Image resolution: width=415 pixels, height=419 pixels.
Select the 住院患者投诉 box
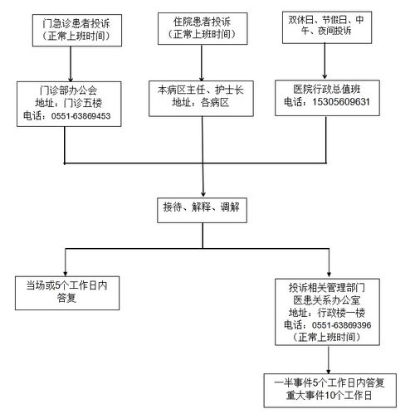[203, 28]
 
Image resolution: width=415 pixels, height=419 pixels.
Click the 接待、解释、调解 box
[202, 207]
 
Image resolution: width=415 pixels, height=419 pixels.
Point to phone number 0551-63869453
[81, 117]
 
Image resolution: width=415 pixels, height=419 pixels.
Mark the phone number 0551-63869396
[340, 325]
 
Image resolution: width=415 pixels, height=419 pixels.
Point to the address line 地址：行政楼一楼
[329, 313]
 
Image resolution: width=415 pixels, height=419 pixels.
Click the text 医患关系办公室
[329, 300]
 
